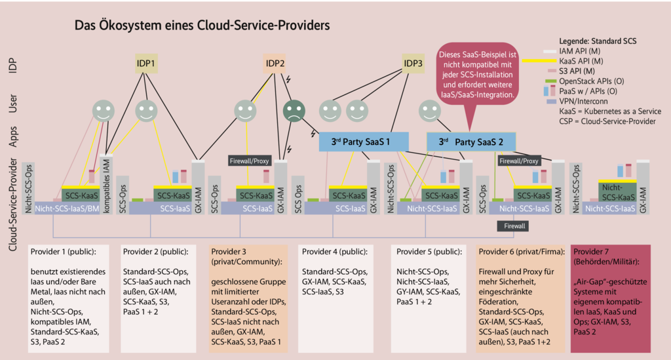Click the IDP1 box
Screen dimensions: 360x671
coord(146,64)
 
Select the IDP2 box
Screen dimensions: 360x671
coord(275,64)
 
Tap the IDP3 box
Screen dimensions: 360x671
coord(413,64)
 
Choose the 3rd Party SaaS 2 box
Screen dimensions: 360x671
coord(470,142)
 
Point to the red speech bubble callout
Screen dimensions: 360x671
coord(477,75)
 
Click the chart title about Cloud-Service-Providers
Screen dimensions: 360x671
coord(202,26)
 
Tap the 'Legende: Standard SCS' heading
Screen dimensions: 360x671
coord(598,41)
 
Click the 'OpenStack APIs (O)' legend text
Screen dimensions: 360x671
coord(590,80)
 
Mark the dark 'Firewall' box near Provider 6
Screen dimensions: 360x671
coord(513,226)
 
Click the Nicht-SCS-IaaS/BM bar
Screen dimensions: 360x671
coord(67,208)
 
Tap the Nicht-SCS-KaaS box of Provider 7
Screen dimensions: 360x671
coord(617,191)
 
